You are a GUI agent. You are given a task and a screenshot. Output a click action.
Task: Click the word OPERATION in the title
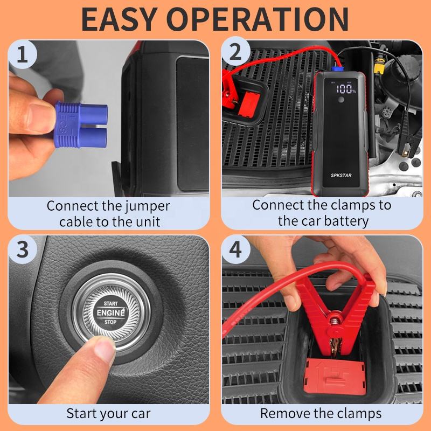[258, 19]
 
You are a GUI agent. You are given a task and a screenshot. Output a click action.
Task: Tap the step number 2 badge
[235, 52]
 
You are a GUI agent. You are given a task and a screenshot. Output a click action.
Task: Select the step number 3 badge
[23, 249]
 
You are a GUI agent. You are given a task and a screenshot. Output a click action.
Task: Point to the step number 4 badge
[235, 249]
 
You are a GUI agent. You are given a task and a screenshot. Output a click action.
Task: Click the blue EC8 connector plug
[81, 124]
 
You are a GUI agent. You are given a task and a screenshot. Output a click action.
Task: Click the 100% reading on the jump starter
[346, 89]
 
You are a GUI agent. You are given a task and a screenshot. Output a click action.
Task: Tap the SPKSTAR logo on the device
[341, 175]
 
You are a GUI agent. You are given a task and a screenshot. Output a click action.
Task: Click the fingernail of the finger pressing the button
[105, 347]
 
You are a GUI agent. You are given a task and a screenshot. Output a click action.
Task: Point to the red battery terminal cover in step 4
[334, 376]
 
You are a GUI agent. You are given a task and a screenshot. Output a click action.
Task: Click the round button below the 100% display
[341, 100]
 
